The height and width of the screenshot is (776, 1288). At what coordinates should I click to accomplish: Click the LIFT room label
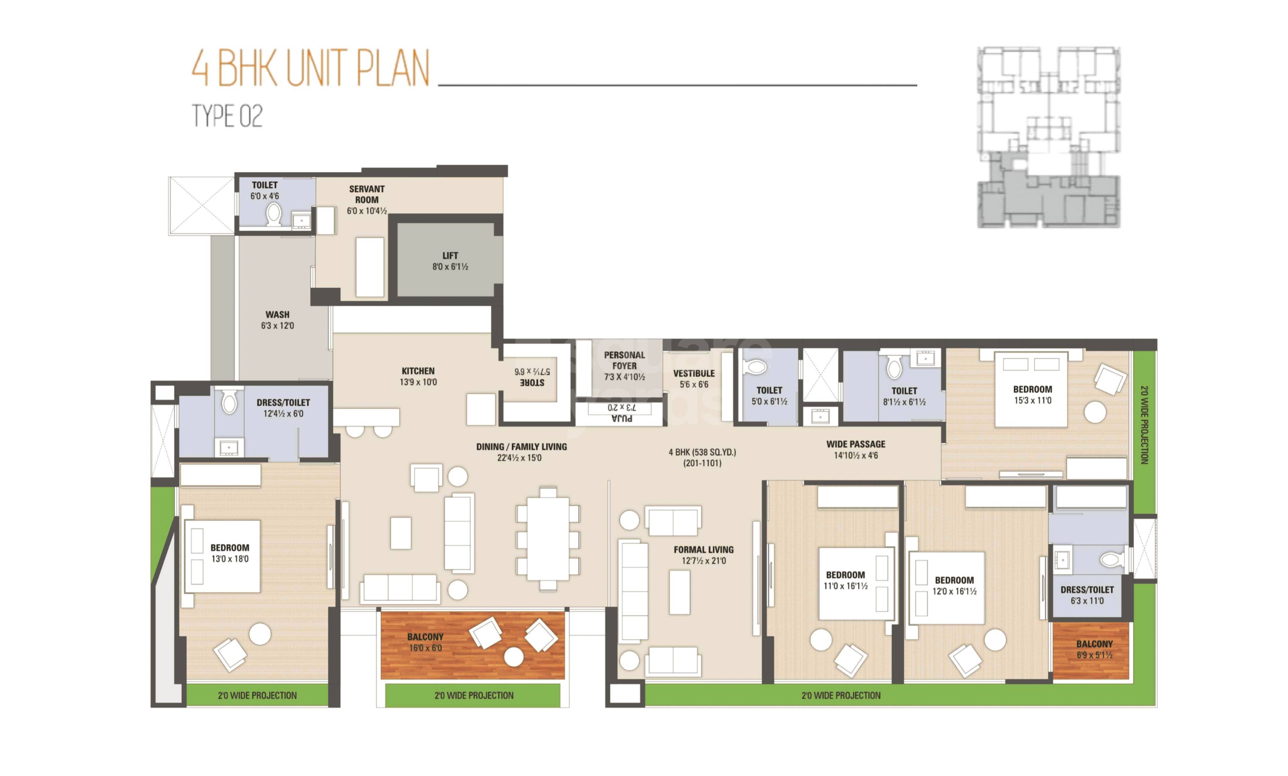[x=450, y=256]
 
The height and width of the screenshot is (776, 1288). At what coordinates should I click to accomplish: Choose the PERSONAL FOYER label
[x=624, y=360]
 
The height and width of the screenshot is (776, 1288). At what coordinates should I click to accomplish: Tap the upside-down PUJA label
[x=622, y=418]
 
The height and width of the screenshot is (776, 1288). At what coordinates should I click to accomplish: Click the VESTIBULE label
[x=694, y=374]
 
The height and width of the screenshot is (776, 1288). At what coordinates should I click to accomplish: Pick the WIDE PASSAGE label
[x=856, y=444]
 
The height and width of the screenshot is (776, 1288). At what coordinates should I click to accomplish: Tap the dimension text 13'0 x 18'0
[x=230, y=559]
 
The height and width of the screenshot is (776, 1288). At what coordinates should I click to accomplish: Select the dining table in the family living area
[x=548, y=539]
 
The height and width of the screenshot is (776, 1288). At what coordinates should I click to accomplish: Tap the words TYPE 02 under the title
[x=227, y=116]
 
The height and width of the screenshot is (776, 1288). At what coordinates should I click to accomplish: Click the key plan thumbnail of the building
[x=1048, y=137]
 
